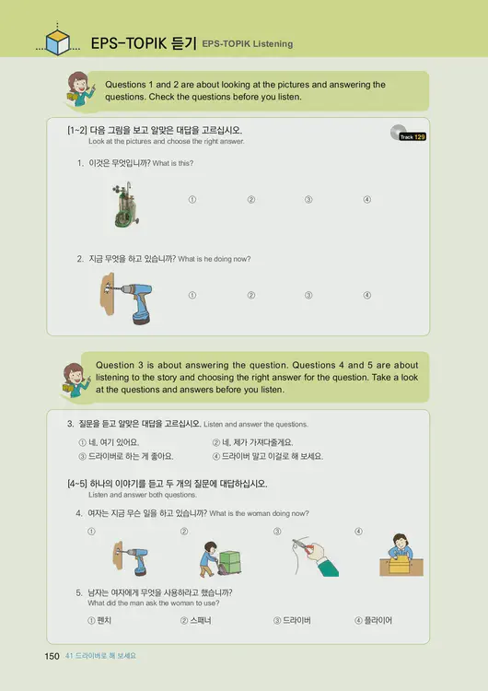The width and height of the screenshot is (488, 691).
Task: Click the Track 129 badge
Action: click(412, 136)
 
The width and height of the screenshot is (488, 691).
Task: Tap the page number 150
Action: click(52, 655)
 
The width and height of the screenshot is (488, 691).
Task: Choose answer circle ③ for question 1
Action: click(308, 200)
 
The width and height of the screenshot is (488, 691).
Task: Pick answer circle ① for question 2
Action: click(192, 295)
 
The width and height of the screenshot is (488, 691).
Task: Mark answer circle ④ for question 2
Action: click(366, 295)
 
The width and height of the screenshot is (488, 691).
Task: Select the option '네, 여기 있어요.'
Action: click(114, 442)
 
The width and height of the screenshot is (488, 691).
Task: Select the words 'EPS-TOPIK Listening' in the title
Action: click(248, 43)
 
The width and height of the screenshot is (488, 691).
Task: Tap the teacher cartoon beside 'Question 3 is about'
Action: click(75, 379)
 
